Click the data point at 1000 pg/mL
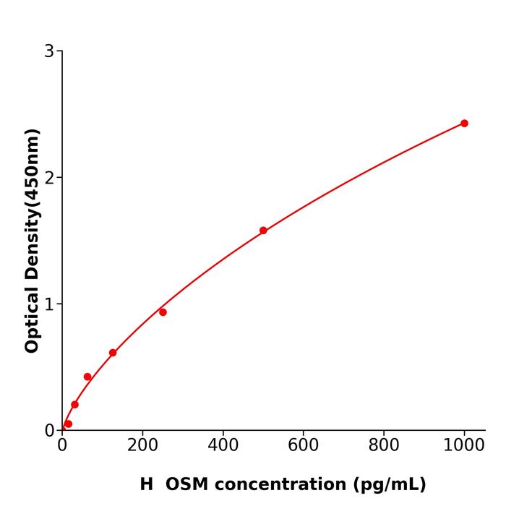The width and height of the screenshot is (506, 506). click(464, 124)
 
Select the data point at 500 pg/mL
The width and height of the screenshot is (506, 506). click(263, 231)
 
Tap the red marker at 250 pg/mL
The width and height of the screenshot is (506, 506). click(163, 312)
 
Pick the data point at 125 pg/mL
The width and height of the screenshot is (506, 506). click(113, 353)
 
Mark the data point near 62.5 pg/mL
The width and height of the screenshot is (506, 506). click(87, 377)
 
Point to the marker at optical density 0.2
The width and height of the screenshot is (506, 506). click(74, 405)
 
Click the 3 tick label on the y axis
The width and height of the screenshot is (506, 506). click(49, 51)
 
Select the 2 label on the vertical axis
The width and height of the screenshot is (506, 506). click(49, 178)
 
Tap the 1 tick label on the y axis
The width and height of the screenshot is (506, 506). click(49, 304)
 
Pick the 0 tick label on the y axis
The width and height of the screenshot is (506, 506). click(49, 431)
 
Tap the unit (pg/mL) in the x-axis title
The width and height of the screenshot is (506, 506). click(390, 484)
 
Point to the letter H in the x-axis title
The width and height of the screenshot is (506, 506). click(147, 484)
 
